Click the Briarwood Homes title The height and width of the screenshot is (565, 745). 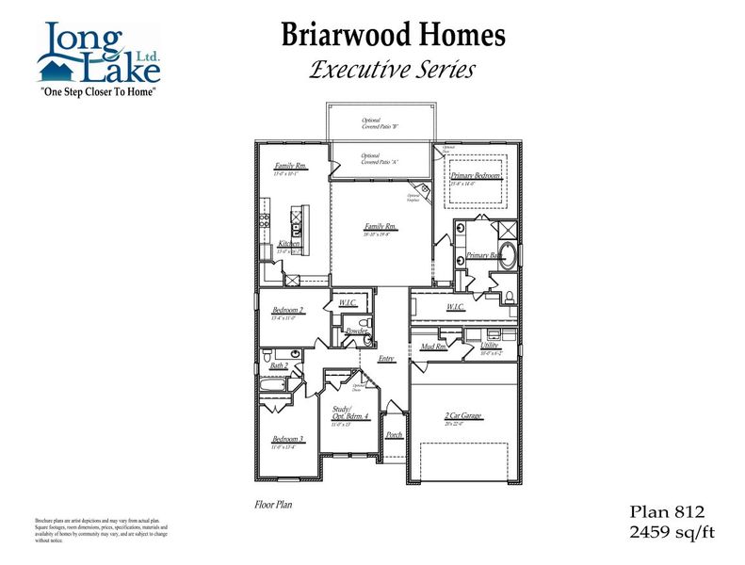[393, 36]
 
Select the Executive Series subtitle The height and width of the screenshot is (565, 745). [392, 69]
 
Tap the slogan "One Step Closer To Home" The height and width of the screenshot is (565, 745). [97, 93]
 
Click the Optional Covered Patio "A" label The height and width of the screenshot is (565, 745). [381, 158]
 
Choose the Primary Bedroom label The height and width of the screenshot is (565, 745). [475, 176]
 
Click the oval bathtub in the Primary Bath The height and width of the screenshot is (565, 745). [508, 256]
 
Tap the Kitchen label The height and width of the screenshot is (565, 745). [289, 243]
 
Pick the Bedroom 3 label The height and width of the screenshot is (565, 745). [287, 439]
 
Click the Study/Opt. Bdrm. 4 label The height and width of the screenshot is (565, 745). [350, 414]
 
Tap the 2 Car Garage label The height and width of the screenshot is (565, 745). [463, 415]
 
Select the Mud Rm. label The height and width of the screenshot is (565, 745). [433, 347]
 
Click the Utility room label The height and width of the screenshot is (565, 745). [490, 346]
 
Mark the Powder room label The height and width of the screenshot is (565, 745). [356, 331]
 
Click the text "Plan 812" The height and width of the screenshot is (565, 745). [667, 512]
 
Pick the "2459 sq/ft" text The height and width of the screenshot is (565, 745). [672, 533]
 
